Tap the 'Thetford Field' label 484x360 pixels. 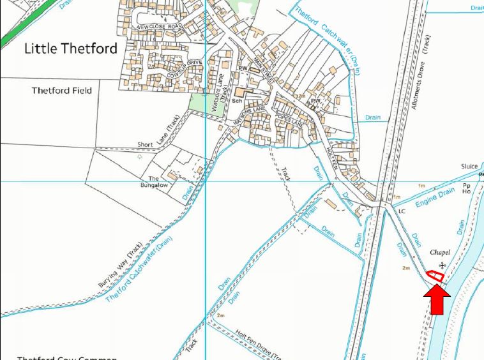click(62, 91)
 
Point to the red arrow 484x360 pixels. click(437, 299)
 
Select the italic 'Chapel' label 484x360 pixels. click(439, 253)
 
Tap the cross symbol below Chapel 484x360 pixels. click(442, 265)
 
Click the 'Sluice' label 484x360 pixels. click(470, 167)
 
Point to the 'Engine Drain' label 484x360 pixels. click(435, 198)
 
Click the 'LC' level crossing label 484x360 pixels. click(402, 210)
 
